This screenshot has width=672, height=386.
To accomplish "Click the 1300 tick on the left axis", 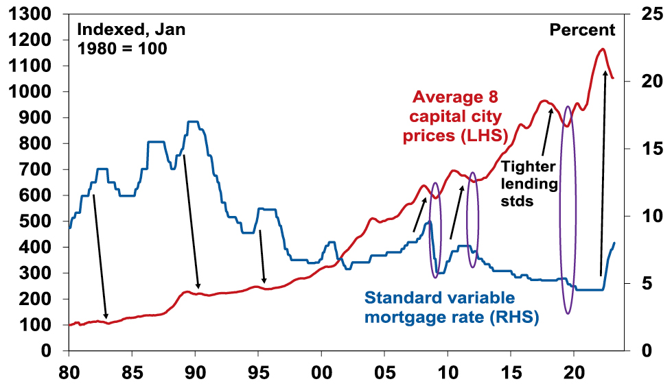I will [31, 14].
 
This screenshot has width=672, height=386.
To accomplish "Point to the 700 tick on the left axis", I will [36, 169].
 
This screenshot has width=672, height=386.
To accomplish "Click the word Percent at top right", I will [582, 29].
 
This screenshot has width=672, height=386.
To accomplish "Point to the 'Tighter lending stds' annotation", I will [529, 184].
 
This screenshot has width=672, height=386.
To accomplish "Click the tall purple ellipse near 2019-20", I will [568, 210].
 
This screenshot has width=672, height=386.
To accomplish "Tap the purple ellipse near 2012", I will [472, 220].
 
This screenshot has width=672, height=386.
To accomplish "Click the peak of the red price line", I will [602, 49].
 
